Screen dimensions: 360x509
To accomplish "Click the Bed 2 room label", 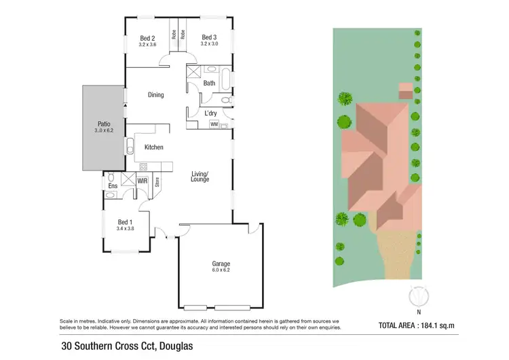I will (148, 37).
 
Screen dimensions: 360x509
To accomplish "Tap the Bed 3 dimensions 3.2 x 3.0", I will (210, 44).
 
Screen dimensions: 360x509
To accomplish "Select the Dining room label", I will (156, 94).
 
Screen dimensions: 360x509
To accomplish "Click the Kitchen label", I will (153, 147).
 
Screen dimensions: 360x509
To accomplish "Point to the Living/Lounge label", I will (200, 177).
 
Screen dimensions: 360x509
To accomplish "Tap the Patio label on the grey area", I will (104, 124).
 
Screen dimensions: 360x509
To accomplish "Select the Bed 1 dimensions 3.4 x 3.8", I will (126, 229).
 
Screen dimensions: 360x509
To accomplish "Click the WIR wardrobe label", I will (143, 181).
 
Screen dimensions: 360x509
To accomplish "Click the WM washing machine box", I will (214, 124).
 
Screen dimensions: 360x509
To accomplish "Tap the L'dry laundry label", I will (211, 113).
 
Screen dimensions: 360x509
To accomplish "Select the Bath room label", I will (209, 84).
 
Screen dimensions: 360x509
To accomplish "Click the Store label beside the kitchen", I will (157, 181).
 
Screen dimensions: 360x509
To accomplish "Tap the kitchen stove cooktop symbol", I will (143, 166).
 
